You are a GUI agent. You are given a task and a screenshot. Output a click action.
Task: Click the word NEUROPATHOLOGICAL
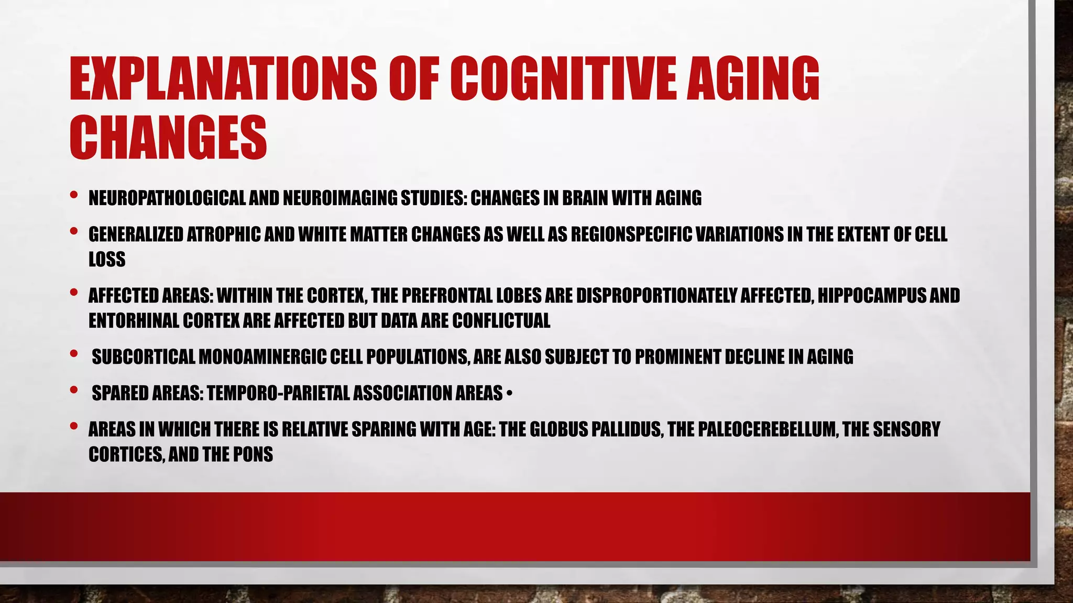pos(167,198)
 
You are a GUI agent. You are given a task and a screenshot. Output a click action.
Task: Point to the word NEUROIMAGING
pos(341,198)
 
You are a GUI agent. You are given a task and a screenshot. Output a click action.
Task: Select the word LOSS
pos(107,259)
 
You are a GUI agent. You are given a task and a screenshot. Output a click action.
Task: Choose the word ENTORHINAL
pos(134,320)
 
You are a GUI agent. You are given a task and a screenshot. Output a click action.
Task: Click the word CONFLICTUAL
pos(501,320)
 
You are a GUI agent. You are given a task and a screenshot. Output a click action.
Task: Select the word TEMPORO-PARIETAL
pos(278,393)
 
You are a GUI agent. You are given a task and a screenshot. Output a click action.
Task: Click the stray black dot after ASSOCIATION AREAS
pos(509,394)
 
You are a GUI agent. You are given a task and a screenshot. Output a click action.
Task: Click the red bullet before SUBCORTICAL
pos(73,354)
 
